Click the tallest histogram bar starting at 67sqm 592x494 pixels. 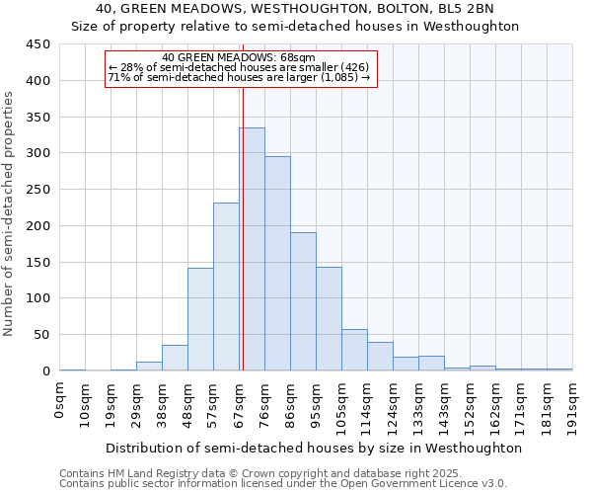point(252,249)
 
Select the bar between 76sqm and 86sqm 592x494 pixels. point(277,263)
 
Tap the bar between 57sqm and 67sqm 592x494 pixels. point(226,287)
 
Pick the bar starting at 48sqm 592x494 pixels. point(200,319)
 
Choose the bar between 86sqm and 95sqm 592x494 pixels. point(303,301)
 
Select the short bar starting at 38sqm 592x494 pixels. point(175,358)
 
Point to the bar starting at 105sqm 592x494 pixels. point(354,350)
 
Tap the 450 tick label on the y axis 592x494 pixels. point(37,44)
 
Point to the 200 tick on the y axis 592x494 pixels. point(37,225)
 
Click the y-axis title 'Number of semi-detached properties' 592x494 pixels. point(10,213)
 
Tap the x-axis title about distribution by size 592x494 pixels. point(313,448)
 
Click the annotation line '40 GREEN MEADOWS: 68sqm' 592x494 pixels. point(239,58)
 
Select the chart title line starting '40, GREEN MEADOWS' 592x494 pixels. point(295,9)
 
